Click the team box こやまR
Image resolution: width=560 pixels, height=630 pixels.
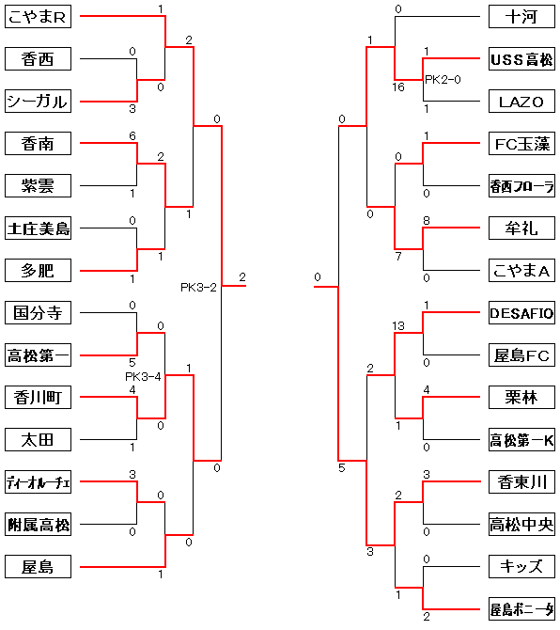click(39, 17)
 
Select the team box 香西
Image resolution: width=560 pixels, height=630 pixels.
click(39, 58)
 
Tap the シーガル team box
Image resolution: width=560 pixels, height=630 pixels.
click(39, 102)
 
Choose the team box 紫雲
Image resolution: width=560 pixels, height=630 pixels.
click(39, 185)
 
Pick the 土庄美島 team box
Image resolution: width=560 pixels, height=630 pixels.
click(39, 228)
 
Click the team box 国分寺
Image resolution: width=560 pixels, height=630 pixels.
click(39, 312)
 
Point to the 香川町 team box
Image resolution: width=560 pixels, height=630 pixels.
click(39, 398)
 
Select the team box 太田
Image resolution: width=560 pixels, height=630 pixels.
click(39, 439)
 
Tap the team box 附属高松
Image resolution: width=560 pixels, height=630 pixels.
click(39, 525)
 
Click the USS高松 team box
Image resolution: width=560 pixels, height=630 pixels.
click(521, 58)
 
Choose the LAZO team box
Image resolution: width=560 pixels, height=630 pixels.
click(521, 102)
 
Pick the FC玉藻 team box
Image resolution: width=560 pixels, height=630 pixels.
click(521, 144)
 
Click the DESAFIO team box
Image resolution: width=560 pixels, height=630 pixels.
click(521, 312)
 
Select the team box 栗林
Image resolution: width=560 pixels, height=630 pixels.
click(521, 398)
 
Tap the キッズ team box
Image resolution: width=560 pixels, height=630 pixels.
click(521, 566)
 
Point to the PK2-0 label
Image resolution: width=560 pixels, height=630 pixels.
click(443, 80)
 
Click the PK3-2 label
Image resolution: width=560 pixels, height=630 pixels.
click(198, 288)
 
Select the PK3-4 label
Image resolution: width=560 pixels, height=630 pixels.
click(143, 376)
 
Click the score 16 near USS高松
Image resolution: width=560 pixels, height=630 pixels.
click(398, 87)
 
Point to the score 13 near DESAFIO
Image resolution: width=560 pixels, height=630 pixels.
click(398, 326)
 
